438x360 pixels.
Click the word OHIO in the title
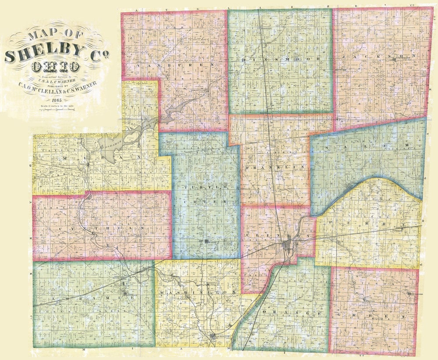(x=55, y=67)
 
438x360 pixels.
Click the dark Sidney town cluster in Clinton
(x=290, y=244)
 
